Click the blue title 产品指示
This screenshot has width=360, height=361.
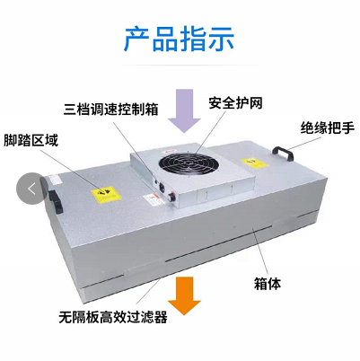[179, 40]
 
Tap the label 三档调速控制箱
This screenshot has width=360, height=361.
[110, 110]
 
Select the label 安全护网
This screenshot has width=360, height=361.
[235, 103]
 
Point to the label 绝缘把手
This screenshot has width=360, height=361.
[328, 128]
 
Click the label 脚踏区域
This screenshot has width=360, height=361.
[31, 140]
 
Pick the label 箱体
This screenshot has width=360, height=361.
[268, 284]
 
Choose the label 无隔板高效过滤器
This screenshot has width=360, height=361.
[113, 317]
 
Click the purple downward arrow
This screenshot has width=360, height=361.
[184, 110]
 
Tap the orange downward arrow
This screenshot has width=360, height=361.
[184, 295]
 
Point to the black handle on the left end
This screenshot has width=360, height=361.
[56, 202]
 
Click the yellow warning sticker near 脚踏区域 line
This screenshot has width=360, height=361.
[106, 195]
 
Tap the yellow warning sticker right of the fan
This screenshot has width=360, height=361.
[253, 163]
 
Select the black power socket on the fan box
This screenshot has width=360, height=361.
[161, 187]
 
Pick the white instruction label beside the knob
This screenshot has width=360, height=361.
[154, 199]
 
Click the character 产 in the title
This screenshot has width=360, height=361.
[136, 40]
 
